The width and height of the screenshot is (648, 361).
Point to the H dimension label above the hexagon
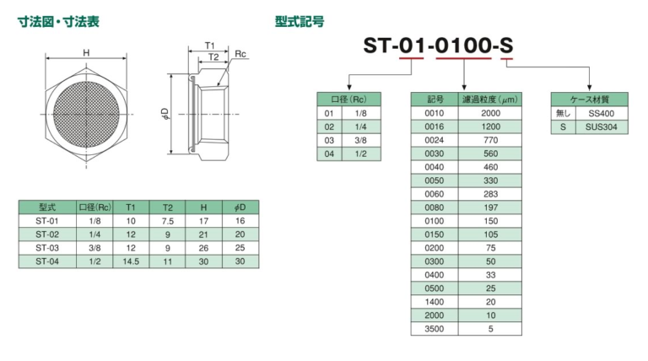(x=85, y=53)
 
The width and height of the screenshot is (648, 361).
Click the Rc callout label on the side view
(x=240, y=54)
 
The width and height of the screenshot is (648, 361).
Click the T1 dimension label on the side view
(x=210, y=45)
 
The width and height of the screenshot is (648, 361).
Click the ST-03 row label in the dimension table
(x=46, y=248)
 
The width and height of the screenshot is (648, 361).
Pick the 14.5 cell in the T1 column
(x=131, y=261)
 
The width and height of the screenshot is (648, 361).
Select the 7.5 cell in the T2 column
(x=167, y=221)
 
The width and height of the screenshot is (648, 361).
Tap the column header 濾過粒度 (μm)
(x=490, y=100)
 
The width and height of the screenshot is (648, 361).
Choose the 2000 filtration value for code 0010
(x=490, y=113)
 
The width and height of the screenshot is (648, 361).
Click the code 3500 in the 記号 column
(x=434, y=329)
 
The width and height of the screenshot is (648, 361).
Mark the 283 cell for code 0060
(x=490, y=194)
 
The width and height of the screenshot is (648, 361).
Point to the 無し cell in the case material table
(x=563, y=113)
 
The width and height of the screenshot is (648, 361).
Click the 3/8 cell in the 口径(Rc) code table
(x=360, y=140)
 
